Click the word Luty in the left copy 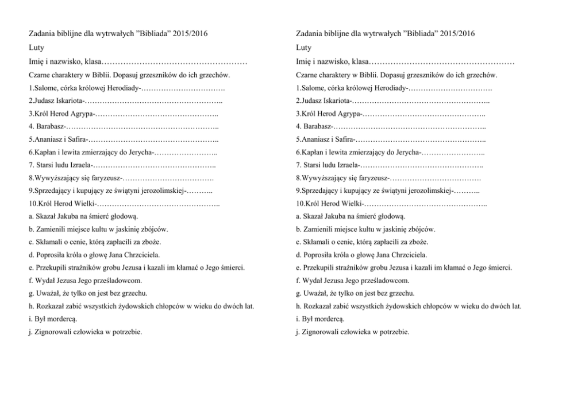coord(36,47)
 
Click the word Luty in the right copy coord(304,47)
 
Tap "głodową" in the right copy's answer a coord(391,216)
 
